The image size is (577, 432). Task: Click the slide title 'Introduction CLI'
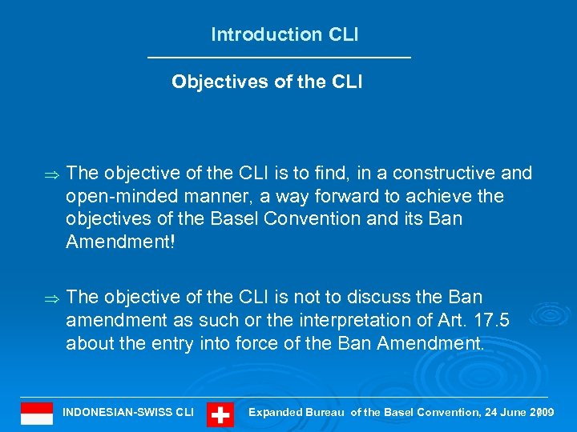(x=284, y=34)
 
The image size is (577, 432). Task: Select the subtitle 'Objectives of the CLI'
(x=267, y=82)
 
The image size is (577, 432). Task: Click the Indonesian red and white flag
(x=37, y=414)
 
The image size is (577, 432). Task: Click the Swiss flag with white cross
(x=220, y=414)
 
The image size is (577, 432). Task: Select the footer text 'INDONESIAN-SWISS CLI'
(x=128, y=413)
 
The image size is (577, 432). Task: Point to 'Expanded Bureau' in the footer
(x=298, y=413)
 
